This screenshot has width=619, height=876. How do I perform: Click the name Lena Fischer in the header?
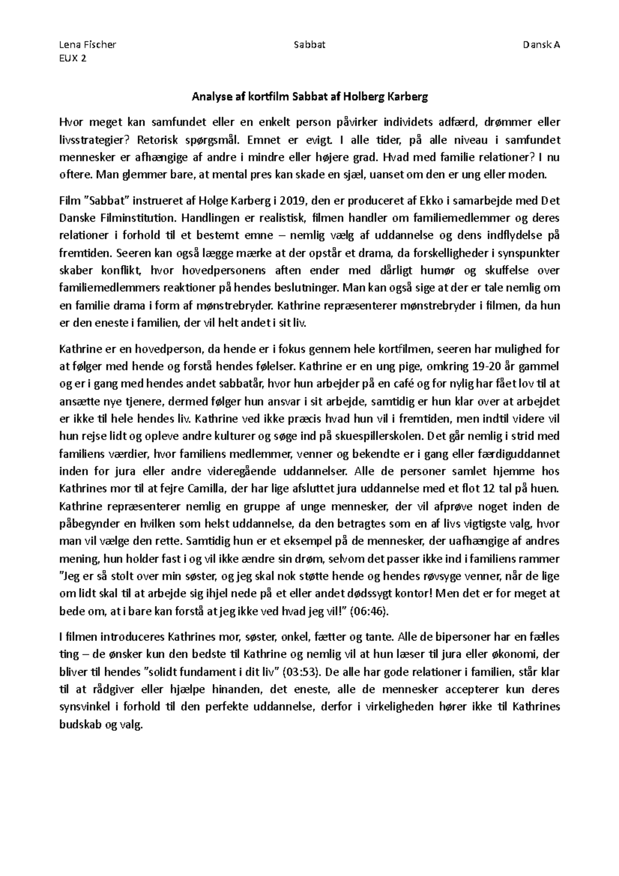[x=88, y=44]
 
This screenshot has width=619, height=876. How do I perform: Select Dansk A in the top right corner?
[x=541, y=44]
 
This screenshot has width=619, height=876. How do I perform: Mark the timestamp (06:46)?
[x=368, y=611]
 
